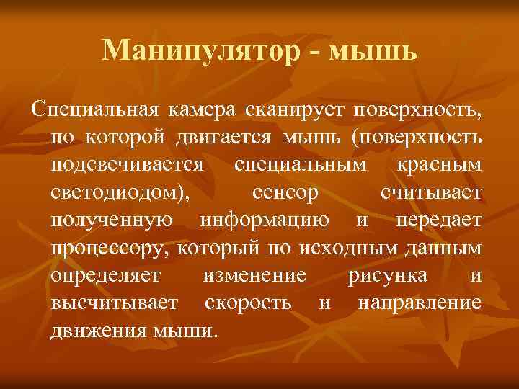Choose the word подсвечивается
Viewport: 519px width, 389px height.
pos(127,166)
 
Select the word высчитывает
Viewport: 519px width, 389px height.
pos(114,303)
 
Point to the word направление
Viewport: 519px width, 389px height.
pos(419,303)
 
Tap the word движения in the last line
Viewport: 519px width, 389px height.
pos(99,331)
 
